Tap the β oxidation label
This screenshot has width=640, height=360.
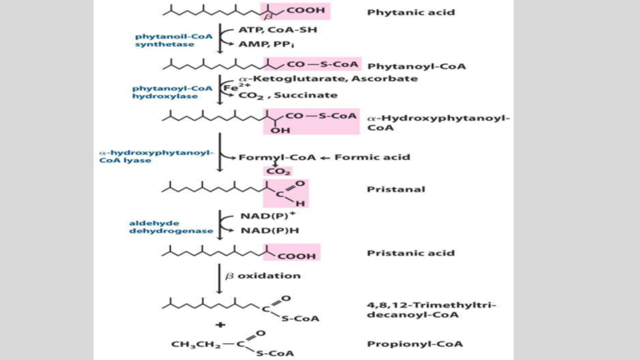point(262,275)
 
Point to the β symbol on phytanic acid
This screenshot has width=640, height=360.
point(268,16)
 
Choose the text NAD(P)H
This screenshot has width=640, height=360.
point(265,230)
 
